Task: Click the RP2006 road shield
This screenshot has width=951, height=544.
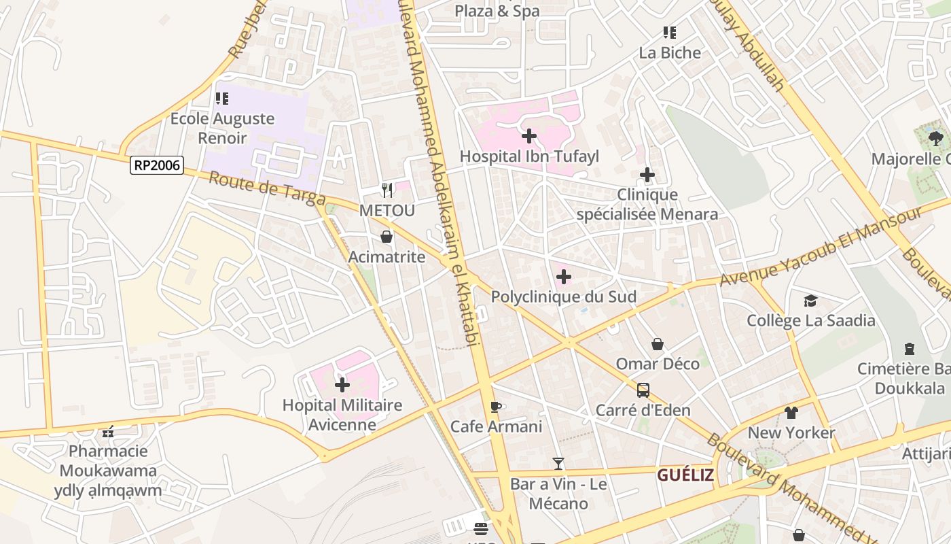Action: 157,165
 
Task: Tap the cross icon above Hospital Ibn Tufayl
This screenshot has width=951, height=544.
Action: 529,136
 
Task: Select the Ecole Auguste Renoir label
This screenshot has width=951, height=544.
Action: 222,128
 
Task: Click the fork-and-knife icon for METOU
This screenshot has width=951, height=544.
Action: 387,190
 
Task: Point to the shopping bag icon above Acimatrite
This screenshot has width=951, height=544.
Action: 387,237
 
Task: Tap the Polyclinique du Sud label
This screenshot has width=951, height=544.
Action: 563,296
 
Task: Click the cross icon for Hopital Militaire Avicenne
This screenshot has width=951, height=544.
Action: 342,385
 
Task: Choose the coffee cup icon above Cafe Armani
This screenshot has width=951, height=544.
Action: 496,407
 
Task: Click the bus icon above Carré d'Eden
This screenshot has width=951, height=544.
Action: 643,390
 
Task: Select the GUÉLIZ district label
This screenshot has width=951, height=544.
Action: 685,475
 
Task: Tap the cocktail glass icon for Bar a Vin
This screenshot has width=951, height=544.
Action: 558,464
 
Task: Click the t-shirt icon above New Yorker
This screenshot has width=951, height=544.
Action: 791,412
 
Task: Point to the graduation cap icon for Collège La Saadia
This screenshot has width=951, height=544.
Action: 810,301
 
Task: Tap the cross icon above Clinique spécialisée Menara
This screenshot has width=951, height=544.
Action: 647,175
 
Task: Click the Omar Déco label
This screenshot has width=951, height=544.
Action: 657,364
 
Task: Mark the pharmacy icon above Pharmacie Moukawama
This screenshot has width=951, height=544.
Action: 107,431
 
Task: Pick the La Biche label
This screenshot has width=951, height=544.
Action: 669,52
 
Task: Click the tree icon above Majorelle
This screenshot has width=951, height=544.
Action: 935,139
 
